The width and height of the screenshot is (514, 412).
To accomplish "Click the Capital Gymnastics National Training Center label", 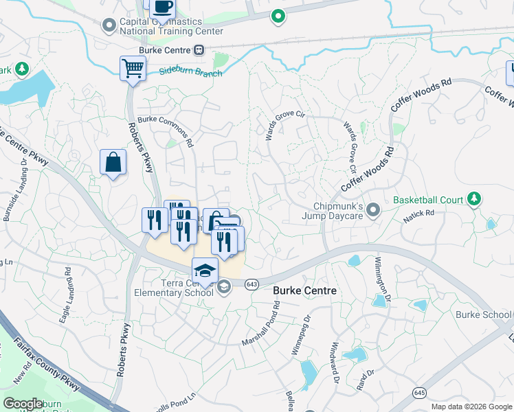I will (x=171, y=26).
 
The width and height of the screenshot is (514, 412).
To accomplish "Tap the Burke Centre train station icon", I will (x=199, y=49).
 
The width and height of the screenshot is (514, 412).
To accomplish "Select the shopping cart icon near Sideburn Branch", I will (x=133, y=69).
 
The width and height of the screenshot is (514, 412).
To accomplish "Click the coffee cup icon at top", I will (x=162, y=8).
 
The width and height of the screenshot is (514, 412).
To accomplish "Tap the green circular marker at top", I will (x=278, y=16).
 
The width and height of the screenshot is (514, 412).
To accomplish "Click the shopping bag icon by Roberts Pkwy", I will (x=113, y=163).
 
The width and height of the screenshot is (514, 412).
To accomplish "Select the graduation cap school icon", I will (x=205, y=269).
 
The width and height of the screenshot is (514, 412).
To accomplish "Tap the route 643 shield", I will (x=252, y=284).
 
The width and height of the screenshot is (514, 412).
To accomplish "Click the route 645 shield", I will (x=418, y=392).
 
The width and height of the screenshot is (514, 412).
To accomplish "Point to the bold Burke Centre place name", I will (x=305, y=290).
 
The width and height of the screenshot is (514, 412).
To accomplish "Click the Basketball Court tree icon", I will (x=473, y=199).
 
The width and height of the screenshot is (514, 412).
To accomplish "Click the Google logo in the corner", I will (x=23, y=403).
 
